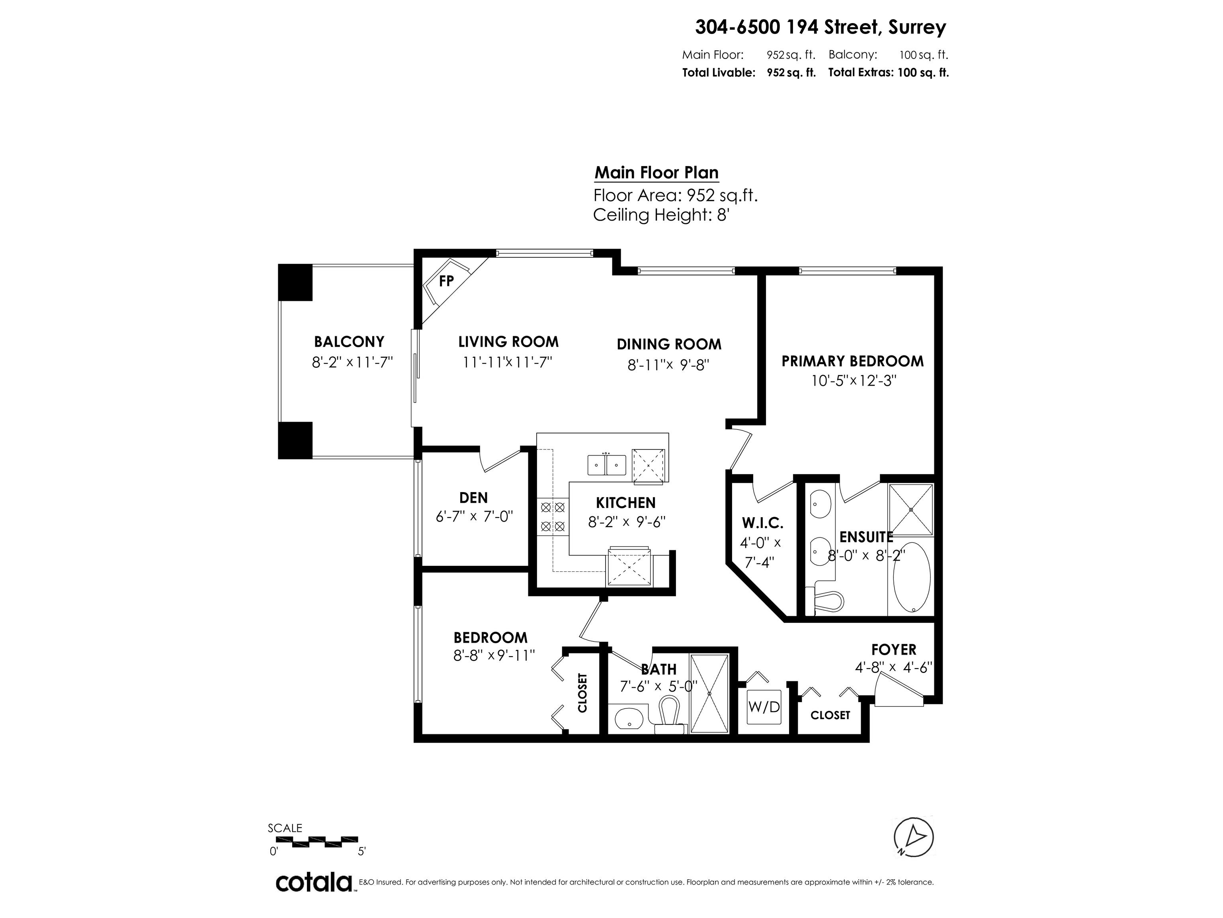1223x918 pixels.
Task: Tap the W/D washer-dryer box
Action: click(x=764, y=706)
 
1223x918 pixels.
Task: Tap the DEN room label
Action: click(x=473, y=498)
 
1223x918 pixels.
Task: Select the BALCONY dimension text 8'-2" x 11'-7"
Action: click(x=352, y=363)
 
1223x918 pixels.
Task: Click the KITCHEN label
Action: click(x=626, y=502)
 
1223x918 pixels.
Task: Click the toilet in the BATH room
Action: click(x=668, y=714)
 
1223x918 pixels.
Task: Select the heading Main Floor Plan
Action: click(x=656, y=173)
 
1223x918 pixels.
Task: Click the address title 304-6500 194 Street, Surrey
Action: click(x=821, y=27)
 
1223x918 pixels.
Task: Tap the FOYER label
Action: click(x=893, y=649)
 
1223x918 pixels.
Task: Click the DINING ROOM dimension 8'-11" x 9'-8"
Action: click(x=668, y=365)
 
